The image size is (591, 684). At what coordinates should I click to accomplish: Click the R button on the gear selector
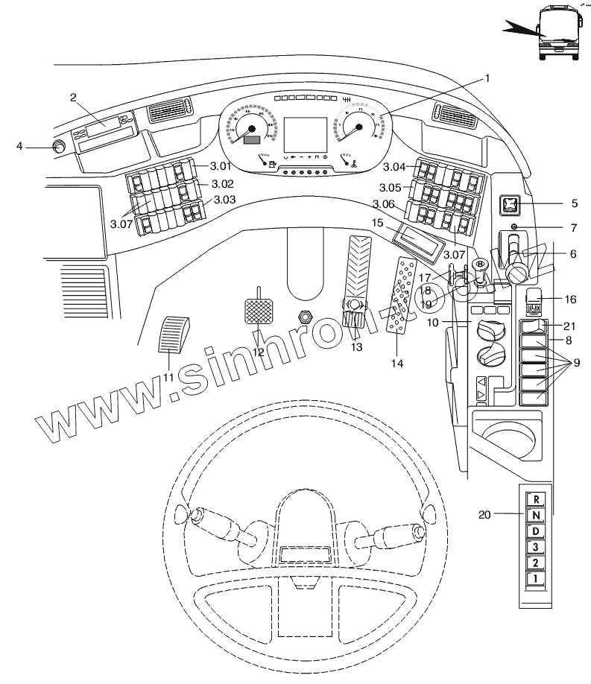(x=536, y=500)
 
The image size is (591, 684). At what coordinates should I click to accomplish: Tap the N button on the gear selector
(x=536, y=516)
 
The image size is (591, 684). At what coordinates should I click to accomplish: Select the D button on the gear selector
(x=536, y=531)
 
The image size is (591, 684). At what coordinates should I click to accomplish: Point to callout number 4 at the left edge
(x=20, y=146)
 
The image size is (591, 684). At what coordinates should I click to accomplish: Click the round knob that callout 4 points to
(x=58, y=147)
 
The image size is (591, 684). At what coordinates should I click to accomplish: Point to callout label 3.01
(x=221, y=166)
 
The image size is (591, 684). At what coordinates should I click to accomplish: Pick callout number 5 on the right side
(x=573, y=203)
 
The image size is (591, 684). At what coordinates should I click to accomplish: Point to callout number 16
(x=570, y=300)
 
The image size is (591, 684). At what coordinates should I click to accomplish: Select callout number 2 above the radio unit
(x=74, y=98)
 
